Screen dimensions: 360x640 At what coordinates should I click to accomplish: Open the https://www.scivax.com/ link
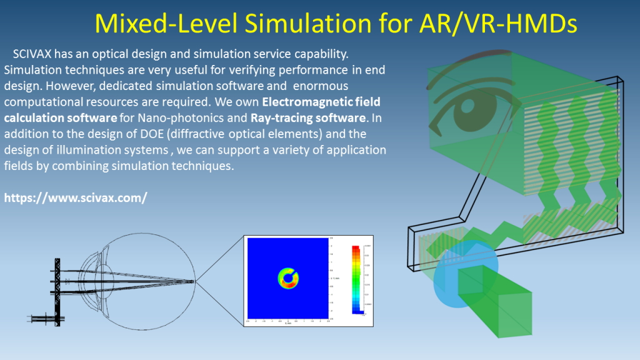click(76, 198)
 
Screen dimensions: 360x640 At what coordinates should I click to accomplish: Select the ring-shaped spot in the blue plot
click(288, 277)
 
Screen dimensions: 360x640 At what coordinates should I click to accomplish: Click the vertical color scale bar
click(357, 278)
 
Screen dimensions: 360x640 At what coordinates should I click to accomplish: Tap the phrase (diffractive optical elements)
click(242, 134)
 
